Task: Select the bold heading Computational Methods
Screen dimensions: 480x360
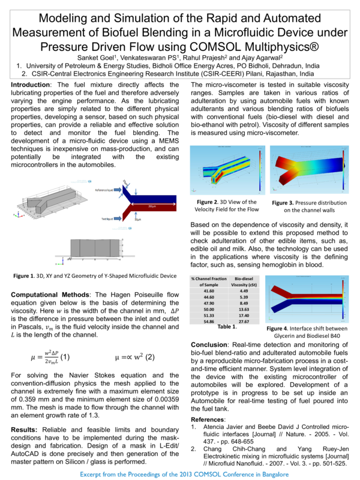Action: (x=50, y=295)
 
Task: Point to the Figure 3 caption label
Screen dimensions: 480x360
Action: (x=286, y=203)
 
